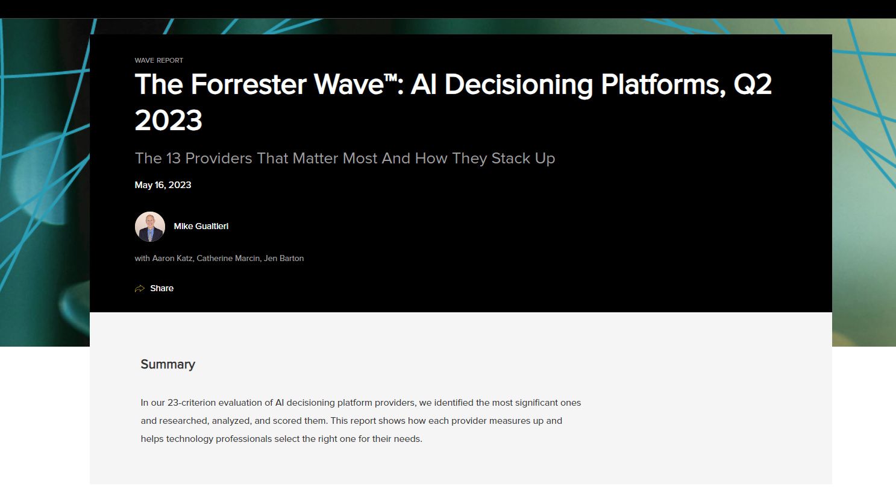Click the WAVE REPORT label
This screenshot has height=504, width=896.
(x=159, y=60)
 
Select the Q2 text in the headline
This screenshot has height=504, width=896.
(x=753, y=84)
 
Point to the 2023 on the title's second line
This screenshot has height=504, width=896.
(x=169, y=120)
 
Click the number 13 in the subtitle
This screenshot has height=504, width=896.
(x=174, y=158)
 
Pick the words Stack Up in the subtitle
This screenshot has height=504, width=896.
(x=523, y=158)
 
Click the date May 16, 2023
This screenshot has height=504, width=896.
(x=163, y=185)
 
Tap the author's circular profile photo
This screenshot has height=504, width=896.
(x=150, y=227)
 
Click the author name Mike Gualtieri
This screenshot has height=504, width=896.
(x=201, y=227)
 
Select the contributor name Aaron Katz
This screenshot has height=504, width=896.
(x=172, y=258)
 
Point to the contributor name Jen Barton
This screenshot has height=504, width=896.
(x=284, y=258)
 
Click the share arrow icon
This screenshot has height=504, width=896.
(x=140, y=289)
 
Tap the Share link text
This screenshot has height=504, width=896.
(x=161, y=289)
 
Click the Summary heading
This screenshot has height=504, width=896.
(x=168, y=364)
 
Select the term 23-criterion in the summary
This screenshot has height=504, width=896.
(x=190, y=403)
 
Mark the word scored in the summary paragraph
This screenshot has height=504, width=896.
(x=287, y=421)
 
